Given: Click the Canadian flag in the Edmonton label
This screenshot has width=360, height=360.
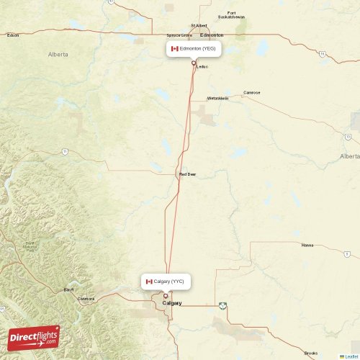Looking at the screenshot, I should tap(174, 49).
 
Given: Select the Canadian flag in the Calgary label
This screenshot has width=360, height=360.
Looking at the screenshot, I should tap(149, 282).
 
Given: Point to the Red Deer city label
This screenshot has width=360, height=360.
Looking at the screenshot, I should tap(187, 174).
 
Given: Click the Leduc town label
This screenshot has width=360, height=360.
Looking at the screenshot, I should tap(202, 67).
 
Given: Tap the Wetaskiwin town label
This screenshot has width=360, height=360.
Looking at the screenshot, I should tap(217, 98).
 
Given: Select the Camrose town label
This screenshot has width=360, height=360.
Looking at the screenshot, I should tap(252, 92).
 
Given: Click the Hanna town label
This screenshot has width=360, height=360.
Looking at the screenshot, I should tap(307, 245).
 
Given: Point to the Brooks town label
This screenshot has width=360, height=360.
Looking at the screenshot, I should tap(311, 353).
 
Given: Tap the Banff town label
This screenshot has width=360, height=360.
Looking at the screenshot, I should tap(68, 289).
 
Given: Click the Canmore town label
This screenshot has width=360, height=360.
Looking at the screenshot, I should tap(86, 298).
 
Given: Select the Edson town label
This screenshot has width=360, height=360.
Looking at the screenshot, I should tap(12, 35).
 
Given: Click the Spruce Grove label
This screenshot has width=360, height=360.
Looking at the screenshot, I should tap(179, 35).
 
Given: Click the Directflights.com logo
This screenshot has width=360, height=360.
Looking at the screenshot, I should tap(34, 337).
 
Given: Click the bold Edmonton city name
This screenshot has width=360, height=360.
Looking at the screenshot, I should tap(212, 35).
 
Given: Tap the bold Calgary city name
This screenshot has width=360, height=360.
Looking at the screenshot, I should tap(173, 303).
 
